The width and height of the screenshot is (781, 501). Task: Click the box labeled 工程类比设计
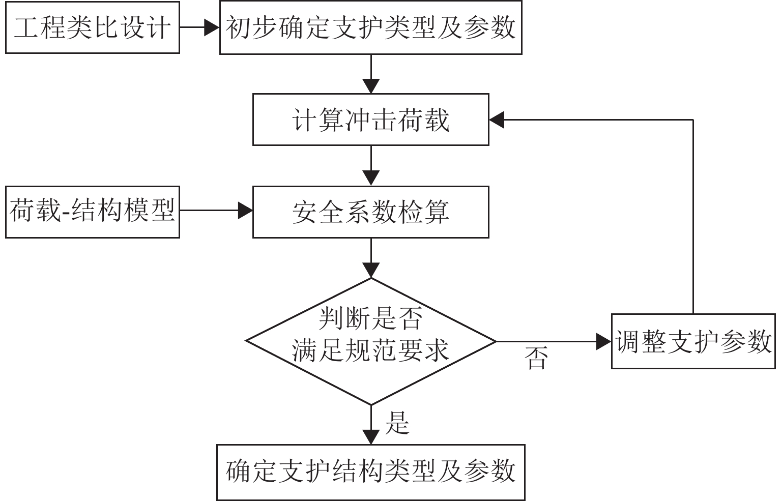coord(92,27)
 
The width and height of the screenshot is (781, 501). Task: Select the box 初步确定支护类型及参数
coord(370,27)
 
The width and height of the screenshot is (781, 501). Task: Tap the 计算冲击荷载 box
coord(370,120)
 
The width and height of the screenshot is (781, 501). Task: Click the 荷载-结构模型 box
coord(92,212)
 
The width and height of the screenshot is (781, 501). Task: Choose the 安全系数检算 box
coord(370,212)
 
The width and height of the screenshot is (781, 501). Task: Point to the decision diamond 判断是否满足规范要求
coord(370,341)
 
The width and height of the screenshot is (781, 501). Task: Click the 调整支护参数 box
coord(693,341)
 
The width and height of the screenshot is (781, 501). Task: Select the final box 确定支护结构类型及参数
coord(370,472)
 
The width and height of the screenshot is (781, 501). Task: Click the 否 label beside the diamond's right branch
coord(536,358)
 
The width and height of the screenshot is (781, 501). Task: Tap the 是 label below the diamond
coord(397,422)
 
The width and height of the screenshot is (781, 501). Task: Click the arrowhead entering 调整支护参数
coord(603,341)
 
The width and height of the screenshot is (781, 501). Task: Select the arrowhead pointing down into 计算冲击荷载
coord(371,86)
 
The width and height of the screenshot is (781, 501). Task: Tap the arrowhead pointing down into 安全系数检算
coord(371,178)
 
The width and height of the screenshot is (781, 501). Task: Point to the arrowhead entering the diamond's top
coord(371,270)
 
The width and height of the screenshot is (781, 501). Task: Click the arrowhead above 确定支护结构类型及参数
coord(371,437)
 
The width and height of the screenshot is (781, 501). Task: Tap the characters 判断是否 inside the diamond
coord(370,319)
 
